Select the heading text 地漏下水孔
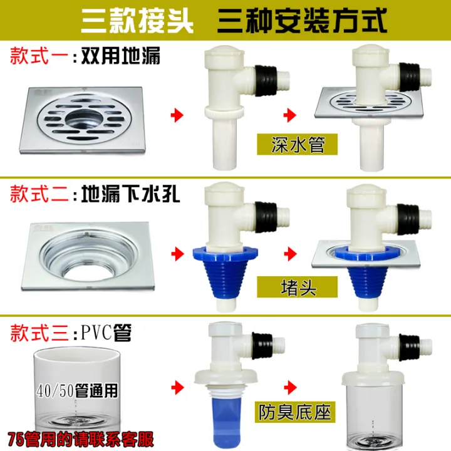[132, 195]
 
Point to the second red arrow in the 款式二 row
[289, 254]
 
